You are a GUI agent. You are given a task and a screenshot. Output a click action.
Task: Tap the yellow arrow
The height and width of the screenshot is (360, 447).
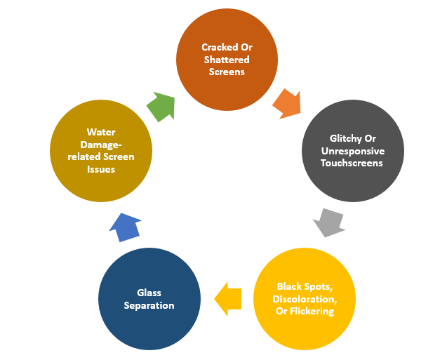(227, 298)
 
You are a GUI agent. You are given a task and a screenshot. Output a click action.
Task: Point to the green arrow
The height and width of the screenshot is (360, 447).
(160, 107)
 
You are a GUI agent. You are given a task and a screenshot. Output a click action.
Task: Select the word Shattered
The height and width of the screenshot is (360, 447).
(227, 60)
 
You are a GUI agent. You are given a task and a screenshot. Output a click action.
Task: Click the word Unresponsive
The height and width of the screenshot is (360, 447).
(352, 151)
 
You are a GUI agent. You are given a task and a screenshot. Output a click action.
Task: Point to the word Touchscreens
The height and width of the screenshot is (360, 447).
(352, 163)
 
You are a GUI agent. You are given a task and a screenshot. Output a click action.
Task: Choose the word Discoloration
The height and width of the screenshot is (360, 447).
(304, 299)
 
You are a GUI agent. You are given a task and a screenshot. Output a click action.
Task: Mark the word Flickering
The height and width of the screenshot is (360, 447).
(310, 311)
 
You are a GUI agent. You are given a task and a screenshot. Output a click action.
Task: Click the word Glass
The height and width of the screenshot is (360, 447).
(149, 293)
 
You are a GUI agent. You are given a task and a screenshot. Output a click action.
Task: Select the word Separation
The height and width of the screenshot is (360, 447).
(149, 305)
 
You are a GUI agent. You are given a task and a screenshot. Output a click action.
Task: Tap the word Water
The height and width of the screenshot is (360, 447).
(101, 131)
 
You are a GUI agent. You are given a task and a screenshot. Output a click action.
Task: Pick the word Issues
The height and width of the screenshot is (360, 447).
(101, 169)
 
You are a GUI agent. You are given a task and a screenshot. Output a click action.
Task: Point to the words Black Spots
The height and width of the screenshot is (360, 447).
(304, 286)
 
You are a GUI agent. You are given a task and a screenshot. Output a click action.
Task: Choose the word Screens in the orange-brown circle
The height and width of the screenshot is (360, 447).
(227, 72)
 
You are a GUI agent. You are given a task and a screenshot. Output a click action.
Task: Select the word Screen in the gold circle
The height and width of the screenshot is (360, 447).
(119, 156)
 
